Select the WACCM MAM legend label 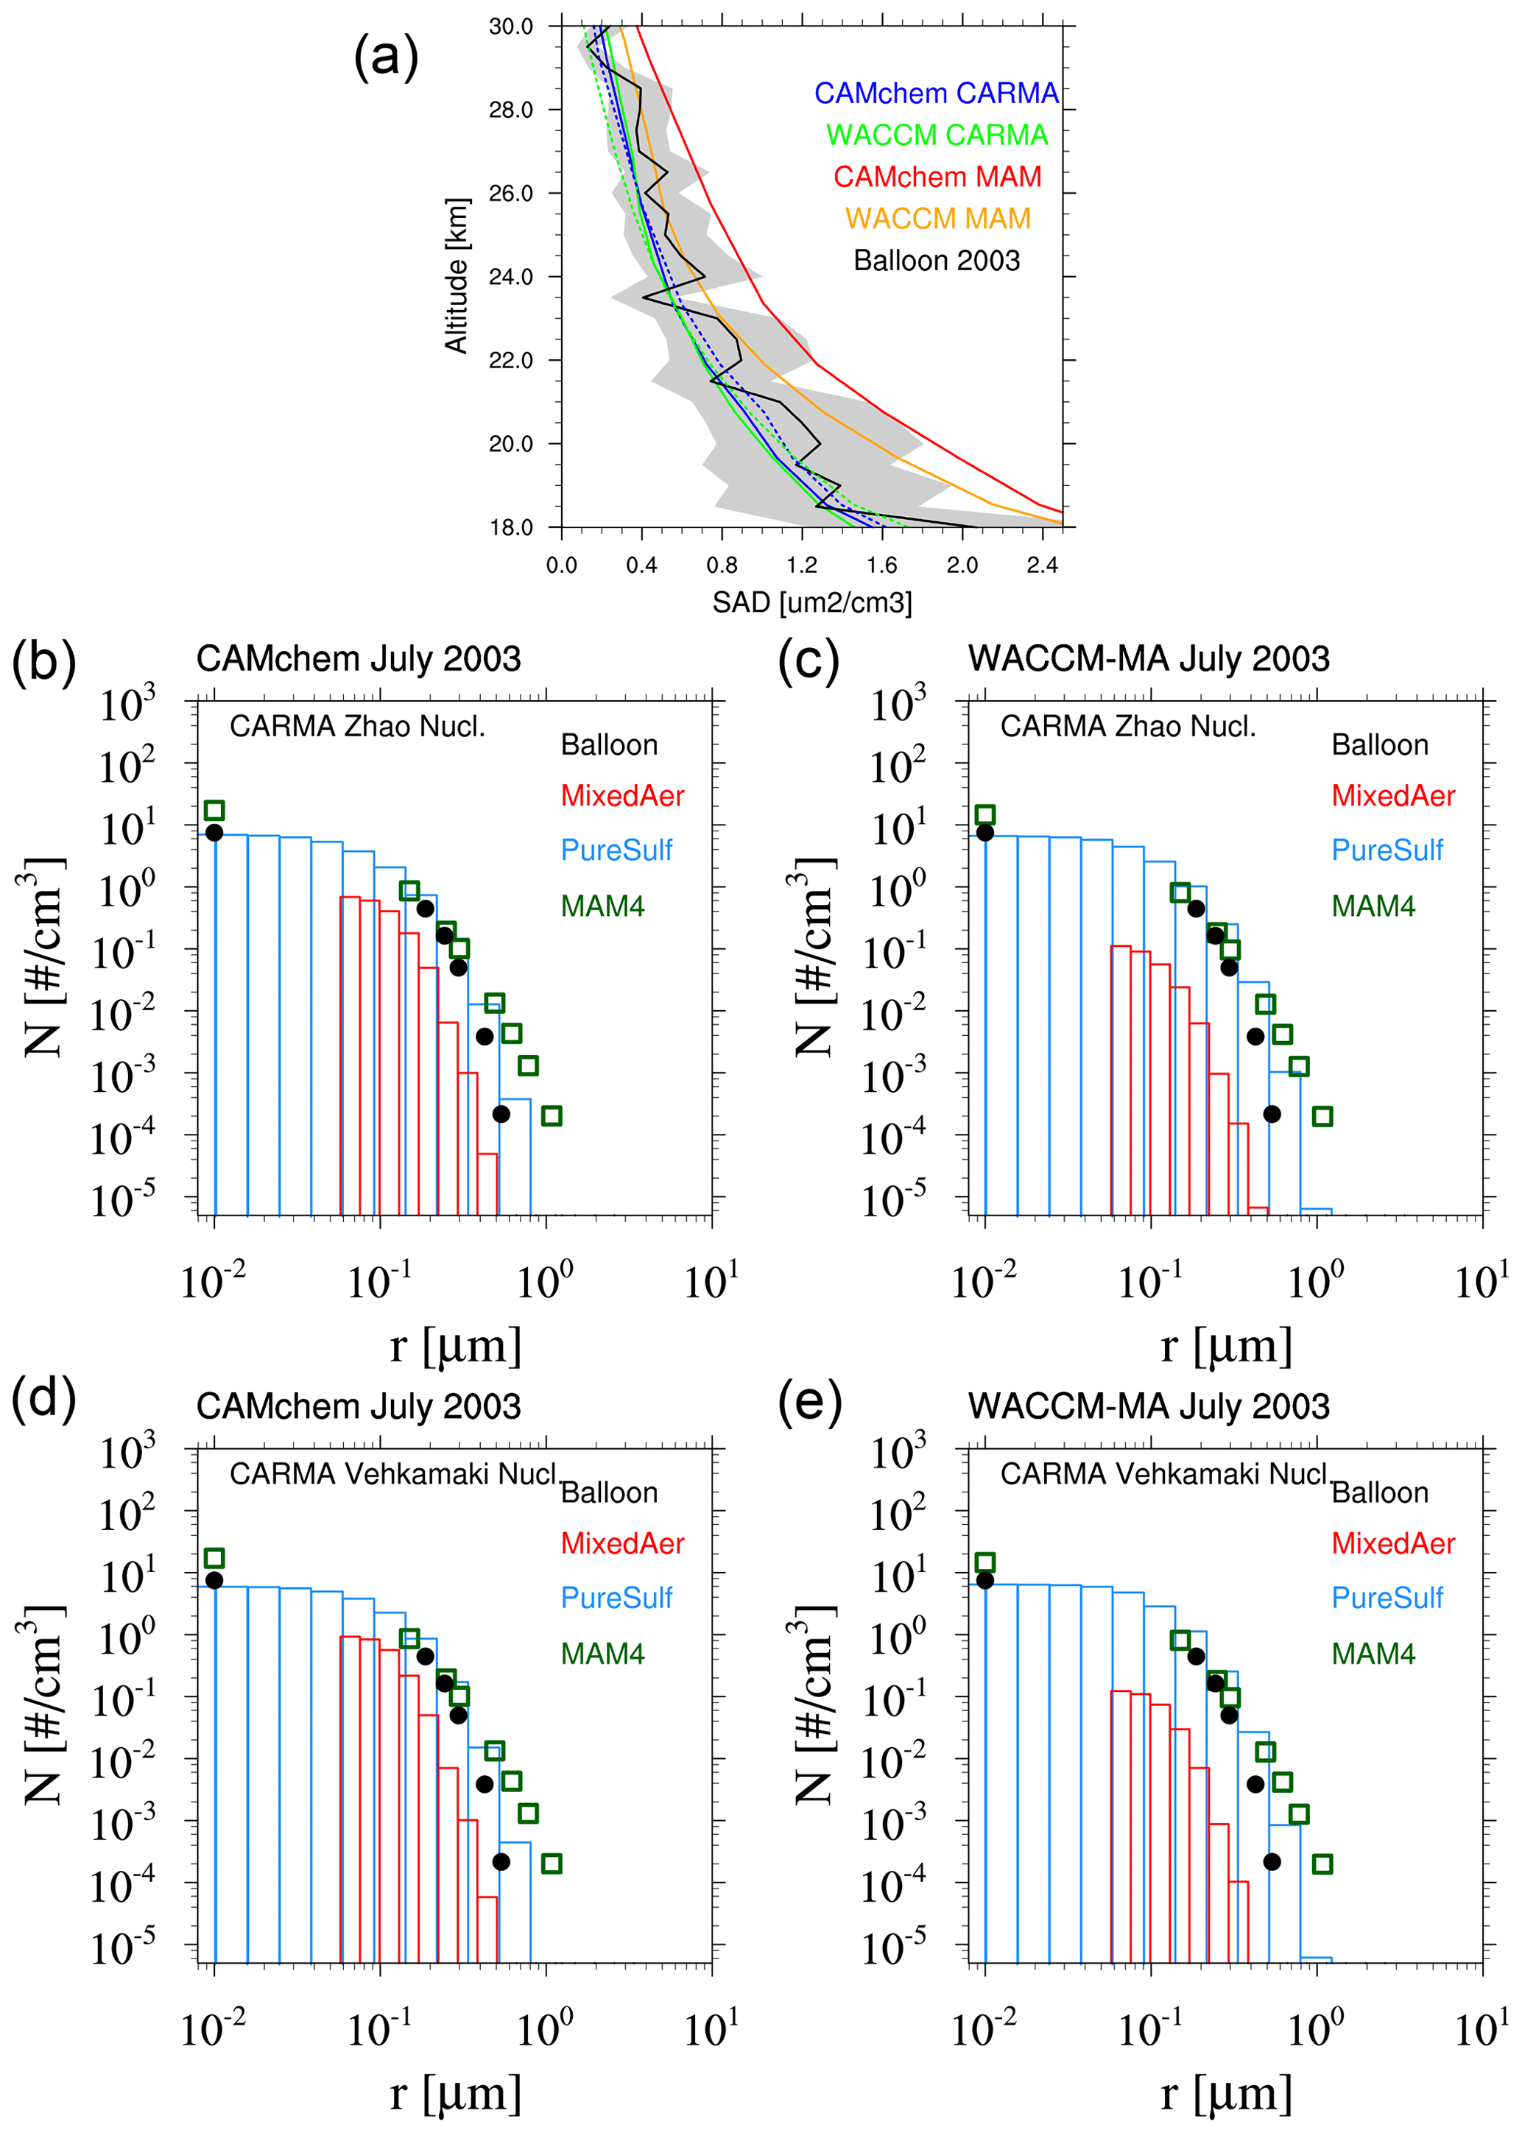pyautogui.click(x=937, y=219)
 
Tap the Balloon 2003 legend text pyautogui.click(x=937, y=261)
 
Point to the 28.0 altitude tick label pyautogui.click(x=511, y=110)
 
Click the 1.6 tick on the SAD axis pyautogui.click(x=882, y=565)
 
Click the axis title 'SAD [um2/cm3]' pyautogui.click(x=811, y=602)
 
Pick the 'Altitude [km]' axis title pyautogui.click(x=457, y=275)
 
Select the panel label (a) pyautogui.click(x=385, y=57)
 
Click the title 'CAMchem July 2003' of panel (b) pyautogui.click(x=358, y=659)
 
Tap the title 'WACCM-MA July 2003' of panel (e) pyautogui.click(x=1148, y=1407)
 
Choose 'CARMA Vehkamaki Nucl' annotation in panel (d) pyautogui.click(x=394, y=1474)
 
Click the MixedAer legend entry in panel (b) pyautogui.click(x=622, y=796)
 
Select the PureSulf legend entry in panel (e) pyautogui.click(x=1387, y=1598)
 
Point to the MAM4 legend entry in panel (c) pyautogui.click(x=1373, y=906)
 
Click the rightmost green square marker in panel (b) pyautogui.click(x=552, y=1115)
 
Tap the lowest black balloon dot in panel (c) pyautogui.click(x=1272, y=1114)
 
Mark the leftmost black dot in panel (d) pyautogui.click(x=214, y=1581)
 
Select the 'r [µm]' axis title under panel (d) pyautogui.click(x=456, y=2094)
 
